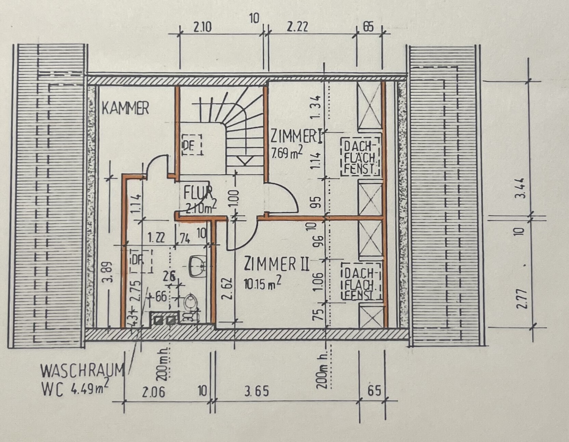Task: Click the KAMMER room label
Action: (125, 108)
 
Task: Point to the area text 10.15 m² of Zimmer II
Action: (262, 283)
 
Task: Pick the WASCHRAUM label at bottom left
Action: (82, 371)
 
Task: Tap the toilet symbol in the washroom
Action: (190, 302)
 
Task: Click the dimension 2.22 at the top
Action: (297, 26)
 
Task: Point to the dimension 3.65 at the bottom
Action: (256, 391)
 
